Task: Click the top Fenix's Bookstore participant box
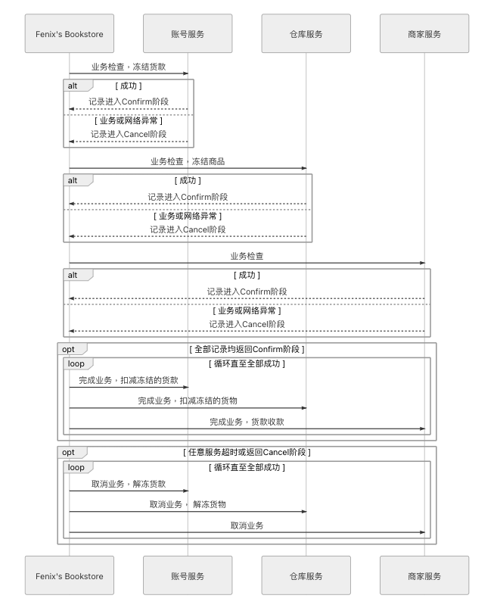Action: click(70, 33)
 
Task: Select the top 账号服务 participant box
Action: click(188, 33)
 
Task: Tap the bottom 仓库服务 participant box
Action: click(306, 575)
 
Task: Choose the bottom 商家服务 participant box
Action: click(424, 575)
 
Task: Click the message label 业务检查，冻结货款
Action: click(129, 67)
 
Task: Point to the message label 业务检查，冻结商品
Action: click(188, 161)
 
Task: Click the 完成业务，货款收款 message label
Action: click(247, 422)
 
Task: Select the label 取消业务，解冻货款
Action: click(129, 484)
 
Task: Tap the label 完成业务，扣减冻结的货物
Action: click(188, 401)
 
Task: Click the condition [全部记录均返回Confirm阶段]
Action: click(247, 349)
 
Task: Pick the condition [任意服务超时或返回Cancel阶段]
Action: click(247, 452)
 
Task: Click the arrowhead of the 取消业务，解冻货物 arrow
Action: click(304, 512)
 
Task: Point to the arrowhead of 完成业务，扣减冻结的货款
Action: click(186, 388)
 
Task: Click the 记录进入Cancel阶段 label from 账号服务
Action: click(129, 135)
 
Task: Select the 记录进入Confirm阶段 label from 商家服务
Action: click(247, 291)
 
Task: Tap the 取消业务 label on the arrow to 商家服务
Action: click(247, 525)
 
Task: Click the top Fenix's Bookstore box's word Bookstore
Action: click(84, 34)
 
